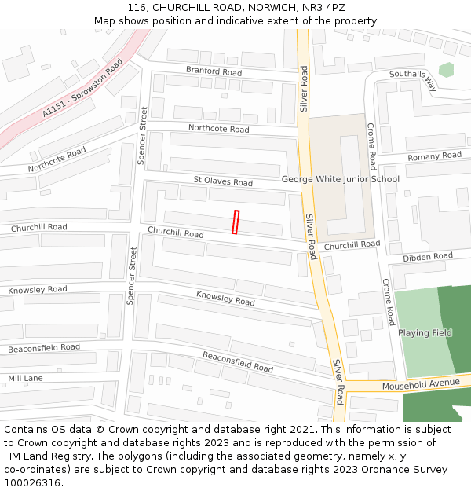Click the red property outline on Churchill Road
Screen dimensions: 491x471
tap(235, 222)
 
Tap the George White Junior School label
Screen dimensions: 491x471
tap(341, 179)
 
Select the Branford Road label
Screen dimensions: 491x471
tap(214, 71)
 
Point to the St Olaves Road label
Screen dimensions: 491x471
tap(223, 181)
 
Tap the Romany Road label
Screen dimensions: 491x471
tap(434, 156)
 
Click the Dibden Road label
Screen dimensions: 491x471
tap(428, 257)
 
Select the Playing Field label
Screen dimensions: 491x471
tap(425, 332)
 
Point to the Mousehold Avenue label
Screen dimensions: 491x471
tap(420, 384)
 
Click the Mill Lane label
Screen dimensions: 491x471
tap(25, 378)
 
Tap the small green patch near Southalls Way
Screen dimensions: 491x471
tap(446, 70)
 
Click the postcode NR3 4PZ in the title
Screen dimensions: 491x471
tap(323, 7)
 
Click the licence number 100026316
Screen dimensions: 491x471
tap(32, 483)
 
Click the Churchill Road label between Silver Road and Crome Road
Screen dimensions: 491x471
tap(352, 244)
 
